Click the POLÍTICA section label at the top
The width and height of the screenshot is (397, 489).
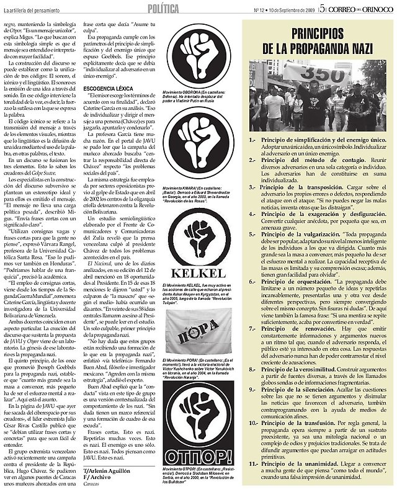165,7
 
